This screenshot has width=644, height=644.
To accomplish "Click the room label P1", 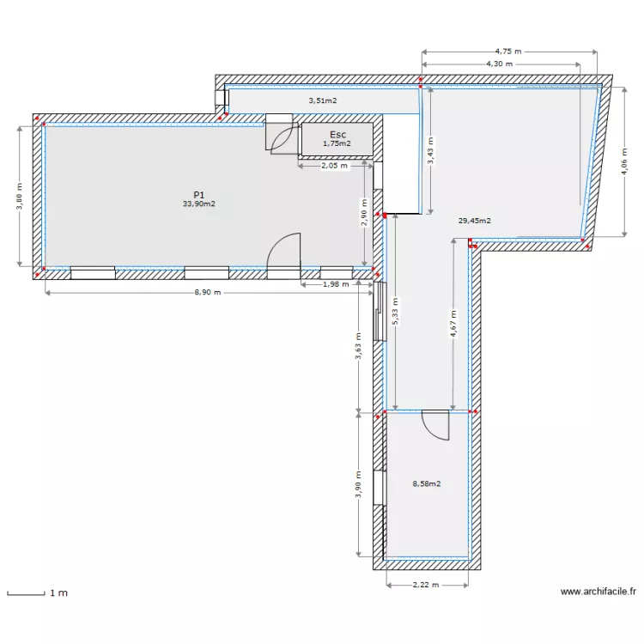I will pyautogui.click(x=197, y=195).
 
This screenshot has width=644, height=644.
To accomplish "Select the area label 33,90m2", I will pyautogui.click(x=197, y=204).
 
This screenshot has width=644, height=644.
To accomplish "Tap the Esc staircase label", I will pyautogui.click(x=337, y=135).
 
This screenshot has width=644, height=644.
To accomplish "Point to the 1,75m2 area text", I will pyautogui.click(x=337, y=144).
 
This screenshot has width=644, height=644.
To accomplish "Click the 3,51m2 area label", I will pyautogui.click(x=322, y=100).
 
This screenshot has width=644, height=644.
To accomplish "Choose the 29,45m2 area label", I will pyautogui.click(x=474, y=222).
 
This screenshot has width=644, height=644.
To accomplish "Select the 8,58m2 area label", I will pyautogui.click(x=426, y=484).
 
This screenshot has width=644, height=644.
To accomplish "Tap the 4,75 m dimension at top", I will pyautogui.click(x=508, y=52).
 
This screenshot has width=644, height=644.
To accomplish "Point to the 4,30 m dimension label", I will pyautogui.click(x=499, y=64).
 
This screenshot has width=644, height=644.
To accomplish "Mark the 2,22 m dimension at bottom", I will pyautogui.click(x=425, y=585).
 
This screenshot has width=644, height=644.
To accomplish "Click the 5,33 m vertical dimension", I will pyautogui.click(x=394, y=309).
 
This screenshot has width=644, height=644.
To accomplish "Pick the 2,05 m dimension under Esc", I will pyautogui.click(x=334, y=166).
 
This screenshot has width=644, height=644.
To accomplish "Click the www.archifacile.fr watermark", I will pyautogui.click(x=598, y=592).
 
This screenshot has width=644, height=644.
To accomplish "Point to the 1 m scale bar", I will pyautogui.click(x=26, y=592).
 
